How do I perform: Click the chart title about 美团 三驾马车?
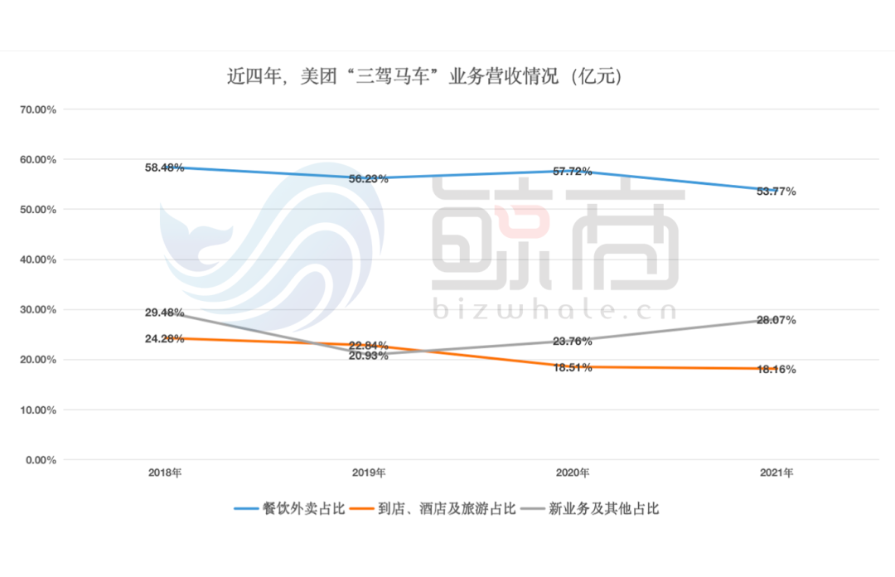click(424, 77)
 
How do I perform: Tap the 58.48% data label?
click(164, 167)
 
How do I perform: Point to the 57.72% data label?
click(572, 172)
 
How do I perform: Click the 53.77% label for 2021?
click(776, 192)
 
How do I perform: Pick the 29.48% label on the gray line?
click(164, 313)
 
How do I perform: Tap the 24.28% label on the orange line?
click(164, 338)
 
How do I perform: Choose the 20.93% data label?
click(368, 356)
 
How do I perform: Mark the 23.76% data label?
click(572, 341)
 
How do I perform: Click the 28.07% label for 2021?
click(776, 320)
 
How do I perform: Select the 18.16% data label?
click(776, 370)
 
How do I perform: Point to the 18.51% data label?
click(572, 367)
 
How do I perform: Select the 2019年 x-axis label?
click(369, 473)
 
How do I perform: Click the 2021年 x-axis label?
click(776, 473)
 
